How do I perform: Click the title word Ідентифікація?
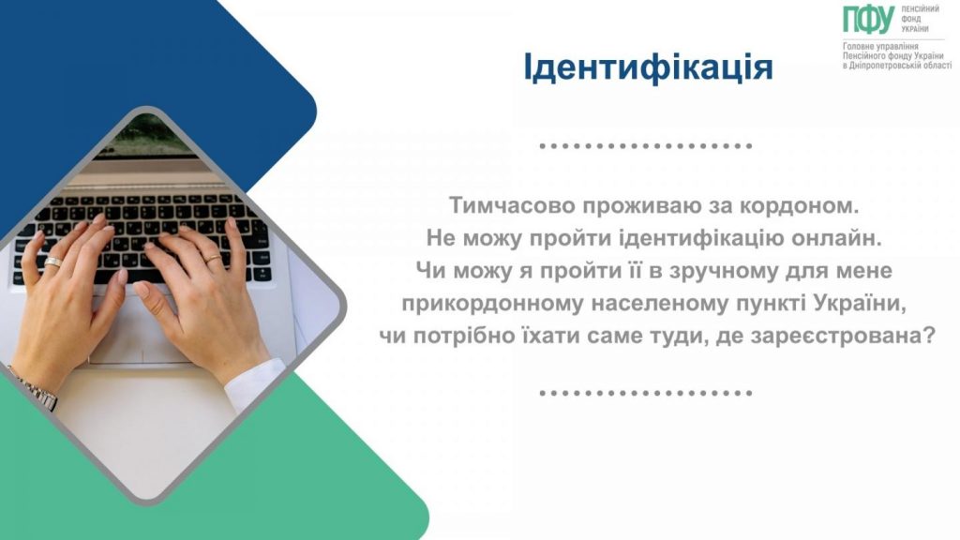tap(648, 68)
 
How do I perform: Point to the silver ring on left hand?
tap(53, 262)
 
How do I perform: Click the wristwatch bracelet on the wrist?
tap(39, 393)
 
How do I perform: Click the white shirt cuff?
tap(253, 375)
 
